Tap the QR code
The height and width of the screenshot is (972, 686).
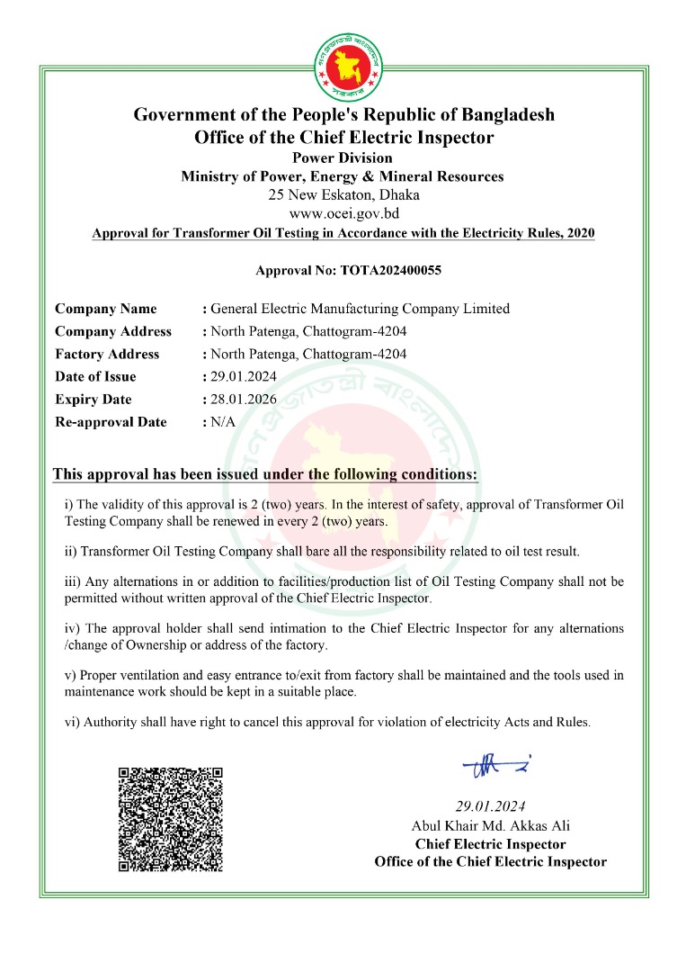(x=171, y=818)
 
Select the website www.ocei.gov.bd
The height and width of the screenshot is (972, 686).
(x=343, y=213)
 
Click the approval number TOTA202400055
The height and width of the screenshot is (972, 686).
(x=391, y=270)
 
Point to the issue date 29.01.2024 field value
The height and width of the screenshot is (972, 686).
(x=244, y=377)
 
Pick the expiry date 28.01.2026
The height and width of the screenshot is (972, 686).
(x=244, y=400)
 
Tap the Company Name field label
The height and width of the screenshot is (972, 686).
(x=105, y=309)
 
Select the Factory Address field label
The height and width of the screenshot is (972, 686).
(x=107, y=355)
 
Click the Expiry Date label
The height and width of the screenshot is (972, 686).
(x=93, y=400)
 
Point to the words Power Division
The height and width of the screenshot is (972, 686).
(x=343, y=158)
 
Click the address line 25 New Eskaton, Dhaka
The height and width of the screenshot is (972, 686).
(x=343, y=194)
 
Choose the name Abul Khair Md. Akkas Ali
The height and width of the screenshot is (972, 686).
(x=490, y=825)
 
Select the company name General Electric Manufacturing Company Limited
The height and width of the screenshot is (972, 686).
(x=360, y=309)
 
